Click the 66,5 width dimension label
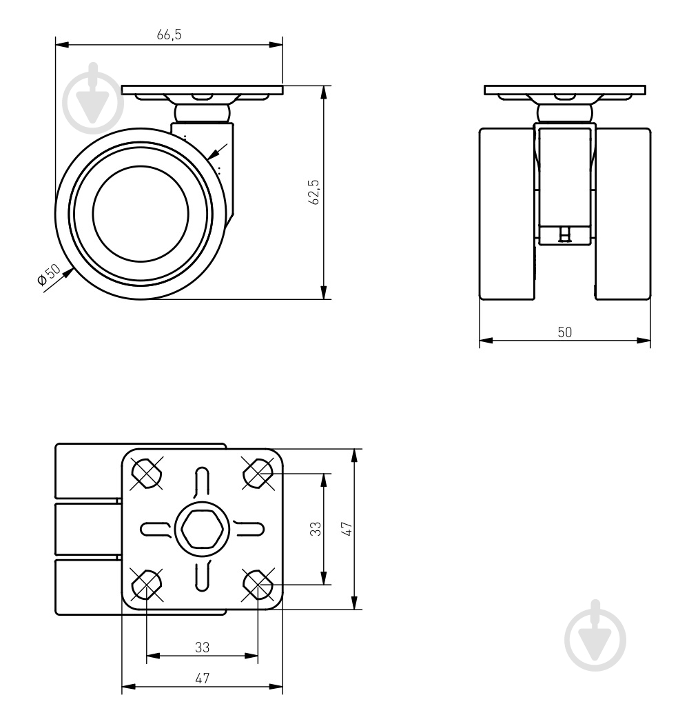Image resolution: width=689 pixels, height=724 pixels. pos(169,34)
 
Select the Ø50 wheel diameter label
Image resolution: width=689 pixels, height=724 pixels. pos(48,274)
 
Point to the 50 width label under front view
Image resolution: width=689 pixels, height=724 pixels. pos(564,332)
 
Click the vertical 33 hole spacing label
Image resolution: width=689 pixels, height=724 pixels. pos(315,529)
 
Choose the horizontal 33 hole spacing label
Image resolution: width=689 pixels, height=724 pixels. pos(202,647)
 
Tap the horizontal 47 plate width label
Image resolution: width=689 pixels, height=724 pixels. pos(202,678)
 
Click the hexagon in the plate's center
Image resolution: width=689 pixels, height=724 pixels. pos(202,529)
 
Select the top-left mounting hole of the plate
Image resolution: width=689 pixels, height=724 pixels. pos(146,473)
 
